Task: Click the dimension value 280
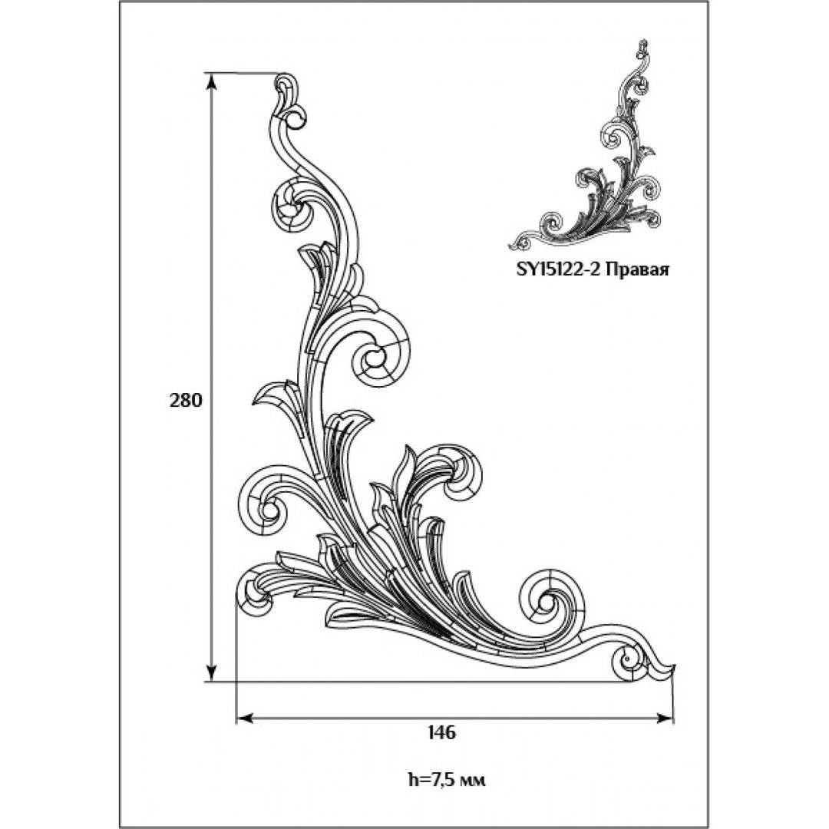186,401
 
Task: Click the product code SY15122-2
557,270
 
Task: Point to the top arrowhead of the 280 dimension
212,83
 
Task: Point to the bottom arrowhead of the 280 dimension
212,672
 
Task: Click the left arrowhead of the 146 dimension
244,718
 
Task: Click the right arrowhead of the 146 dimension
665,718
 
